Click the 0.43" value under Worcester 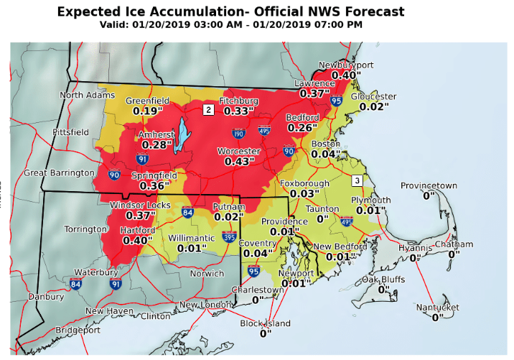click(240, 162)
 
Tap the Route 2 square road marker click(208, 110)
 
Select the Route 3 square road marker click(357, 180)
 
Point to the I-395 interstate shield click(230, 236)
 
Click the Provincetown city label click(429, 185)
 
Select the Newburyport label click(348, 65)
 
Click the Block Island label click(266, 323)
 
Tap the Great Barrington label click(59, 172)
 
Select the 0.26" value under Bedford click(303, 127)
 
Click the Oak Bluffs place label click(383, 280)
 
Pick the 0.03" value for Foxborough click(304, 193)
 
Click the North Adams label click(88, 95)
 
